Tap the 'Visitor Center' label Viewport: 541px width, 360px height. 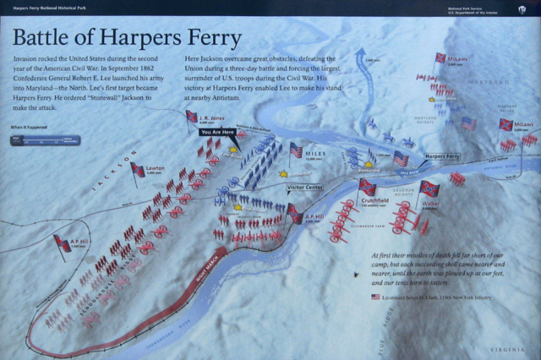pyautogui.click(x=305, y=188)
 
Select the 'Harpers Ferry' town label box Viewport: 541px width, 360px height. pyautogui.click(x=441, y=156)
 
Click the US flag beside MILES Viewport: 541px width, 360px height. pyautogui.click(x=296, y=150)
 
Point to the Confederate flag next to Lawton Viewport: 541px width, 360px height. pyautogui.click(x=137, y=170)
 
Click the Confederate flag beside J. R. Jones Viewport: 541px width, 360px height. pyautogui.click(x=192, y=117)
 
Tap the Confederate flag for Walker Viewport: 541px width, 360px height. pyautogui.click(x=429, y=188)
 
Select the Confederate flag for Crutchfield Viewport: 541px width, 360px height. pyautogui.click(x=368, y=187)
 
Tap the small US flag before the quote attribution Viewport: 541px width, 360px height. pyautogui.click(x=375, y=297)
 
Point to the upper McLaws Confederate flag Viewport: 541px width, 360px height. pyautogui.click(x=440, y=58)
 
